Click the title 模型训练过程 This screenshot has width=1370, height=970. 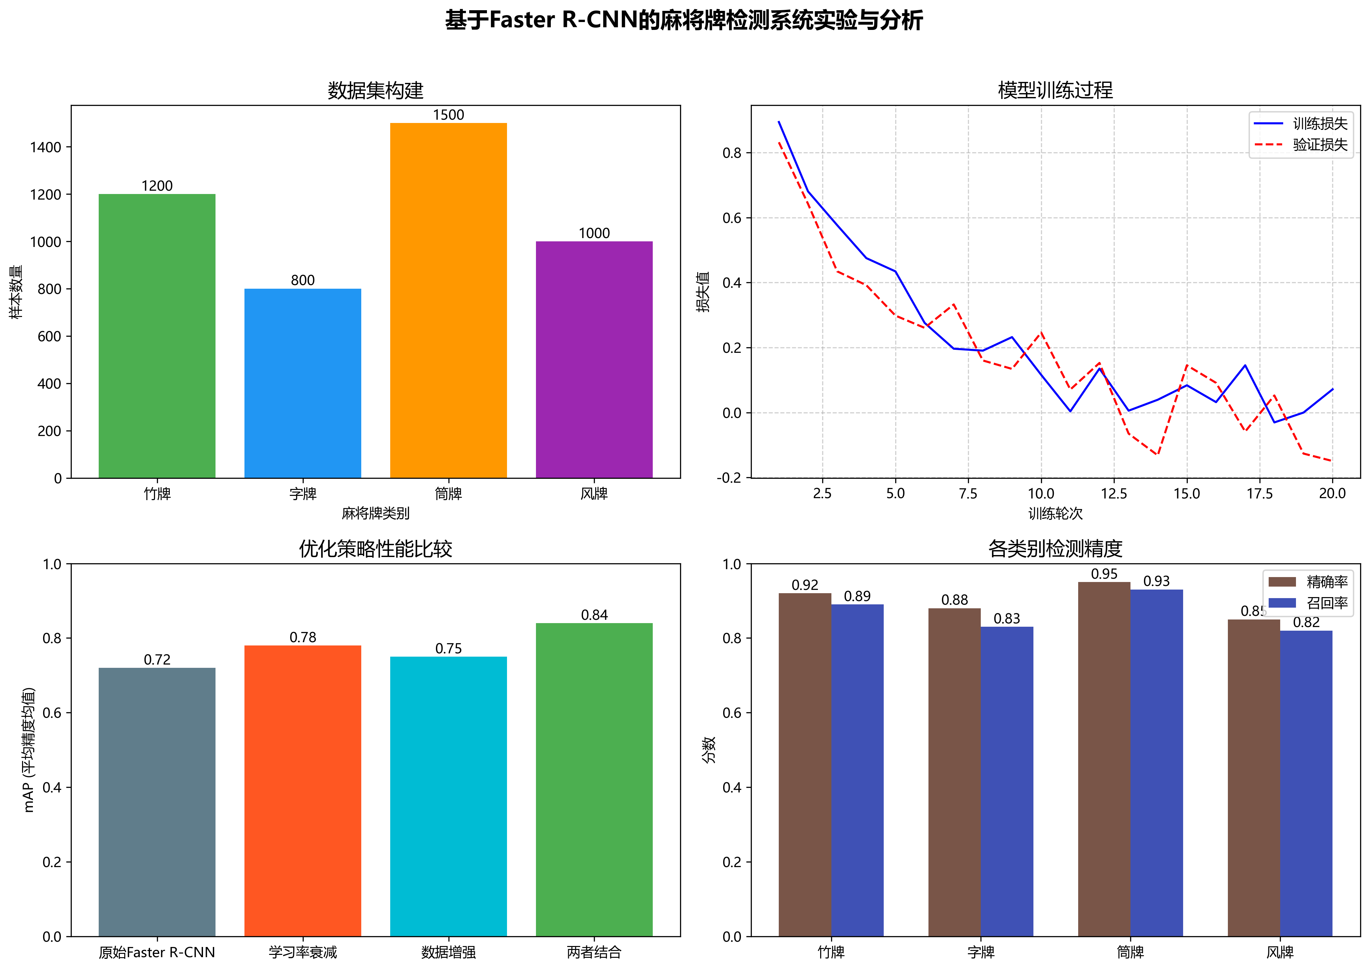point(1055,90)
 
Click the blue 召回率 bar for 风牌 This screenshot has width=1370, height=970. point(1306,783)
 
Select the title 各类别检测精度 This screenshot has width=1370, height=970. point(1055,548)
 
